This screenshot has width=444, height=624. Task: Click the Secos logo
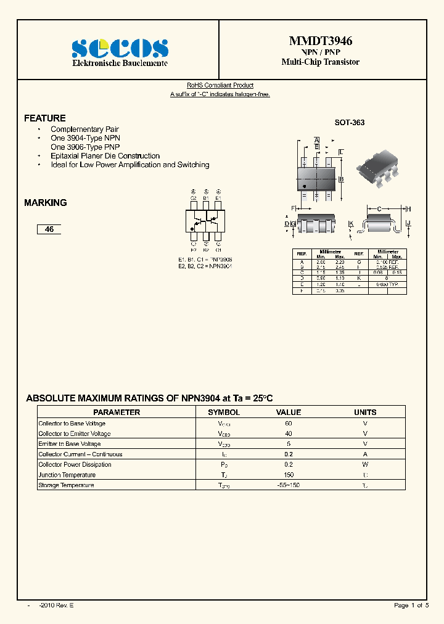click(x=120, y=48)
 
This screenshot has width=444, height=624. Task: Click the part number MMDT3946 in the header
click(x=321, y=41)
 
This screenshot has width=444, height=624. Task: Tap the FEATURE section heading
click(x=44, y=118)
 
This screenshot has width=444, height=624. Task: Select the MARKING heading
click(x=45, y=202)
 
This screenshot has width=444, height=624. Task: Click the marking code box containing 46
click(x=49, y=229)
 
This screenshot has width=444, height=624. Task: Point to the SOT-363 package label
click(x=350, y=122)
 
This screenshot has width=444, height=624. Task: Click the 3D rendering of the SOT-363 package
click(x=377, y=167)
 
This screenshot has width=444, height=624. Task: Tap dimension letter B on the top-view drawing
click(x=341, y=179)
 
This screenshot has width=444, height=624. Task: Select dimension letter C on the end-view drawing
click(x=379, y=209)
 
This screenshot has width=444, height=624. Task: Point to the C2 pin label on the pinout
click(x=193, y=198)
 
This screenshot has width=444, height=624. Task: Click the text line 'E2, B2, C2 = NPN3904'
click(x=205, y=266)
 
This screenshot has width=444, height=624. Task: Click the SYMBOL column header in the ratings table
click(x=224, y=412)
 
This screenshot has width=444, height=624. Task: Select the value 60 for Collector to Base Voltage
click(x=288, y=424)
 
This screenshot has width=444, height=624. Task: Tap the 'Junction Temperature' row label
click(x=67, y=475)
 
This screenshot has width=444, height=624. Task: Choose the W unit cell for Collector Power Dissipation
click(x=365, y=464)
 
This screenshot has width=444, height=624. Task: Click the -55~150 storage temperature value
click(x=288, y=485)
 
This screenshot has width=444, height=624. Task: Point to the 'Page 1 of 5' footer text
click(x=411, y=606)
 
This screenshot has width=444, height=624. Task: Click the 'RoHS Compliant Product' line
click(x=220, y=85)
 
